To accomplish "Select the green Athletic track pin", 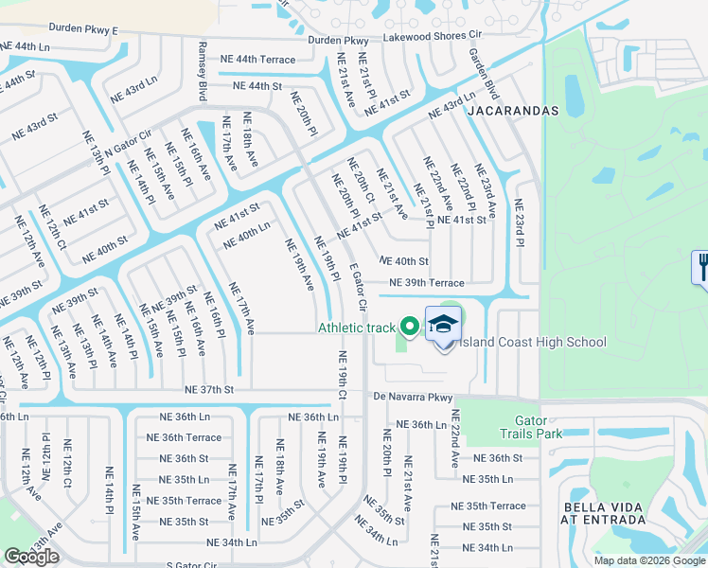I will click(410, 328).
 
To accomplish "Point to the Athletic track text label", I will click(357, 328).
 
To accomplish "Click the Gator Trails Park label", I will click(531, 427).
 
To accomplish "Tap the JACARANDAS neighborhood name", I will click(512, 111).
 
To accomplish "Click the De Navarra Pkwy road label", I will click(414, 397).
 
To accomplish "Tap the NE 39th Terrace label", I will click(427, 283).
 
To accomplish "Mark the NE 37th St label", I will click(209, 389).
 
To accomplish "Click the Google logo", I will click(30, 557).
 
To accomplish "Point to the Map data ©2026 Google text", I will click(648, 560).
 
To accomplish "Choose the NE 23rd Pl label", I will click(519, 222).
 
